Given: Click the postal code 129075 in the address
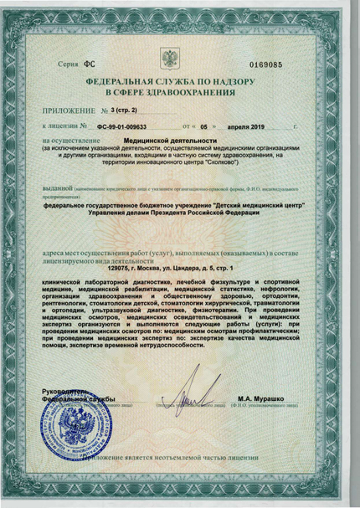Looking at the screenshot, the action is pyautogui.click(x=123, y=268).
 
